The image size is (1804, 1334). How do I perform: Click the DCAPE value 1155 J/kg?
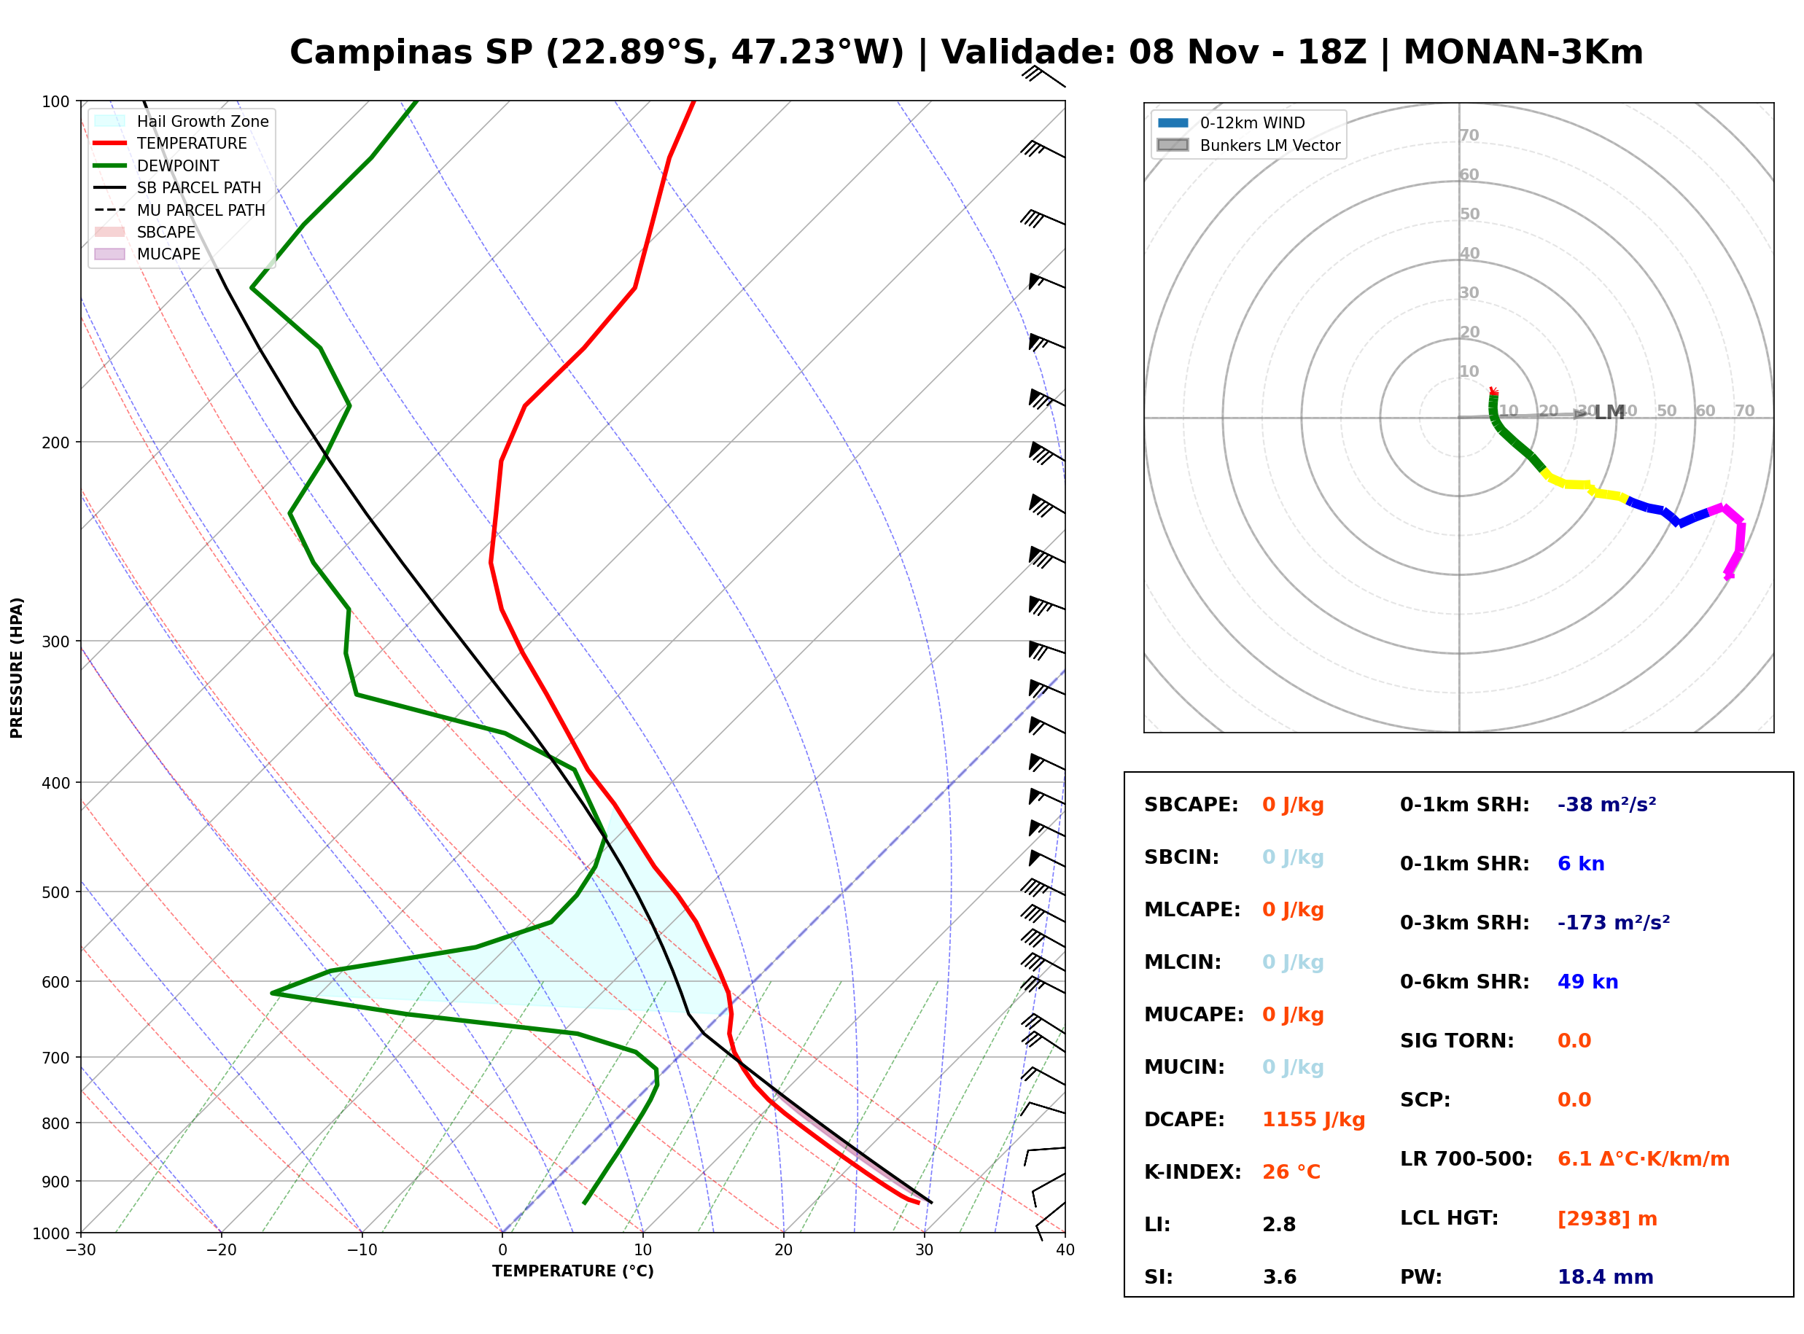[x=1313, y=1119]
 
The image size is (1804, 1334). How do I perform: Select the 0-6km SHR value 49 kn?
[x=1587, y=981]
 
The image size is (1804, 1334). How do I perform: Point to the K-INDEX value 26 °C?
[x=1291, y=1171]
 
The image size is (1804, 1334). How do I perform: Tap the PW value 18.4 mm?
[x=1606, y=1276]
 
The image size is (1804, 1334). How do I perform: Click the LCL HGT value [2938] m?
[x=1607, y=1219]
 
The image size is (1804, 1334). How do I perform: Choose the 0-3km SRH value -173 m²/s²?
[x=1614, y=922]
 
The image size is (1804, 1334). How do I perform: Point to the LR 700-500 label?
[x=1466, y=1159]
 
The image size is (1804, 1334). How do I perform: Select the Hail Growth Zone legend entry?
[x=182, y=121]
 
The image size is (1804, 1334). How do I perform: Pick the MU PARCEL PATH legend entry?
[x=179, y=210]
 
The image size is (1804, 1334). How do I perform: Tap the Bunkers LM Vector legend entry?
[x=1248, y=145]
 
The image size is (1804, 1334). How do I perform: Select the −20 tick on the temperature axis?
[x=220, y=1250]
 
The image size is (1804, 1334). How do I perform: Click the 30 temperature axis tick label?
[x=924, y=1250]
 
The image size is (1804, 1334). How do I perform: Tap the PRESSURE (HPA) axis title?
[x=17, y=668]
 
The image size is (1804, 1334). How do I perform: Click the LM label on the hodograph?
[x=1609, y=413]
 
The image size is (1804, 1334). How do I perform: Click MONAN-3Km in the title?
[x=1523, y=52]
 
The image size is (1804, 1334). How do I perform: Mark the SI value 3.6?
[x=1279, y=1276]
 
